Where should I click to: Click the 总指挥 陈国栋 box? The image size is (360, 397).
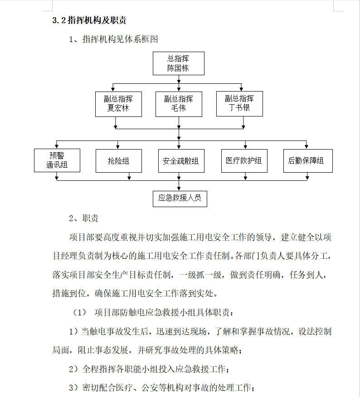(179, 63)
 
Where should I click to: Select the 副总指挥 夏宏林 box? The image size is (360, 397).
(118, 104)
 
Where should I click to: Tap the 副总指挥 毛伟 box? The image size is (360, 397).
(179, 104)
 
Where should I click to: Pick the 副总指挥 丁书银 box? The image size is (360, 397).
(239, 104)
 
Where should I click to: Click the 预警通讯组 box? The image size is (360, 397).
(57, 160)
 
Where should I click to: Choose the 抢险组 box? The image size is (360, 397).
(119, 161)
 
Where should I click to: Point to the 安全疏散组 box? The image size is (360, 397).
(181, 161)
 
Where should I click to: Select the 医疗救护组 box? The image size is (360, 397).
(244, 161)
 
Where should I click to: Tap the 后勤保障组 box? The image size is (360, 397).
(308, 161)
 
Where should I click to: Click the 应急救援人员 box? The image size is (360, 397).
(180, 199)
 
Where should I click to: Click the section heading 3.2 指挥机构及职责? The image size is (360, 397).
(89, 20)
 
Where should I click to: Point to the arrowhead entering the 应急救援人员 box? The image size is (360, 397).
(179, 189)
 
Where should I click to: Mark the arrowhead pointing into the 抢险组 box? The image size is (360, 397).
(118, 147)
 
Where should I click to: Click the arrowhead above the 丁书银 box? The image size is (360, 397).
(241, 89)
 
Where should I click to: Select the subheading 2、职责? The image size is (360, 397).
(83, 218)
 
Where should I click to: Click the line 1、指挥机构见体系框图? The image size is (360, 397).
(113, 39)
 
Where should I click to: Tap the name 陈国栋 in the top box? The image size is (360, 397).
(178, 68)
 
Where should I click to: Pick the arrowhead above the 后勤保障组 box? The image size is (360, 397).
(306, 147)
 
